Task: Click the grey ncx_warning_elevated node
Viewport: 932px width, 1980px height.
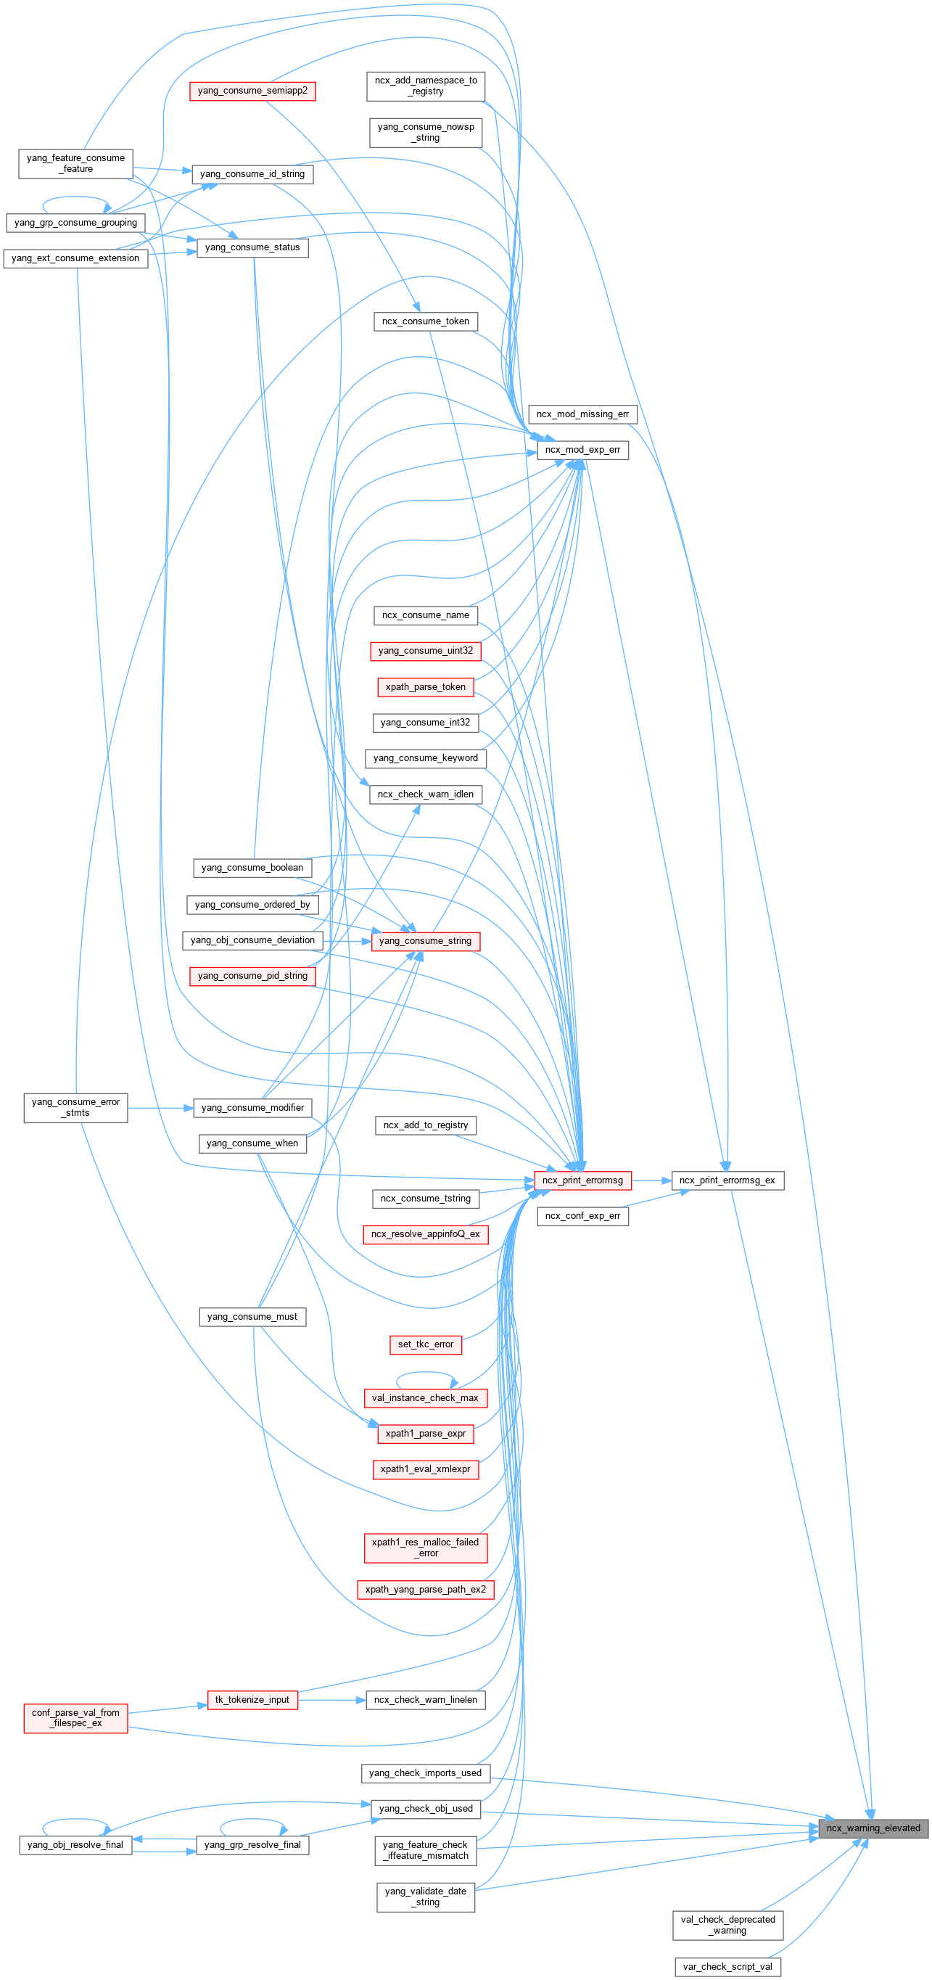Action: coord(873,1828)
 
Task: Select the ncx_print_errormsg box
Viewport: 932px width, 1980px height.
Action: coord(582,1180)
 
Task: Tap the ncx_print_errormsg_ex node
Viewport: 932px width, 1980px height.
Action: coord(727,1180)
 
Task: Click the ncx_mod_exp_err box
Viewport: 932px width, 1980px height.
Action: coord(582,450)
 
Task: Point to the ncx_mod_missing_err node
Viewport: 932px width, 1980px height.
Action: coord(582,414)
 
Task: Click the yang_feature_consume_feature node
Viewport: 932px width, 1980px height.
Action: coord(75,163)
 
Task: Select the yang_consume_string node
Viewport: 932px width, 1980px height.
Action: coord(425,941)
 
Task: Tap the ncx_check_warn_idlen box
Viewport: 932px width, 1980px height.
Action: coord(425,794)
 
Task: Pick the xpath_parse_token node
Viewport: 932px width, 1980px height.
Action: coord(425,686)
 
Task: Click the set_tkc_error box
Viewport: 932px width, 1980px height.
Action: coord(425,1344)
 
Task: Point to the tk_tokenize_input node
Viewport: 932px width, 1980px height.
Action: coord(252,1699)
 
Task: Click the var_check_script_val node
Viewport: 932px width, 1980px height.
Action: coord(727,1967)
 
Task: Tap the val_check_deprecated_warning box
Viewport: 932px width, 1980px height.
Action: coord(727,1925)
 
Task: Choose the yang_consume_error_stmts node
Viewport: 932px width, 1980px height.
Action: coord(75,1107)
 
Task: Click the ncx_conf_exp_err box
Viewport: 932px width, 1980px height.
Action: coord(582,1215)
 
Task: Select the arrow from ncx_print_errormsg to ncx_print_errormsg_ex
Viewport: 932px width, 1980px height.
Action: coord(651,1180)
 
